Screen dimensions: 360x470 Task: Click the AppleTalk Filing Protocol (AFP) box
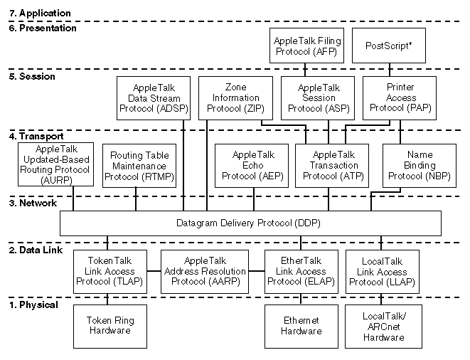coord(305,46)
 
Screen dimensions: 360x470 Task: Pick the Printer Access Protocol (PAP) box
coord(400,98)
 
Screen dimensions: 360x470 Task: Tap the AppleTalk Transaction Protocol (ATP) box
coord(331,165)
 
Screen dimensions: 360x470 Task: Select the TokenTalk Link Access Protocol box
coord(110,271)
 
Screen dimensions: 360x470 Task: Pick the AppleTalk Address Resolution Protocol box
coord(205,271)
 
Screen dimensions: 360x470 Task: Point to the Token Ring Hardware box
coord(110,325)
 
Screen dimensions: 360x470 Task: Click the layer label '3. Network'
coord(32,203)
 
